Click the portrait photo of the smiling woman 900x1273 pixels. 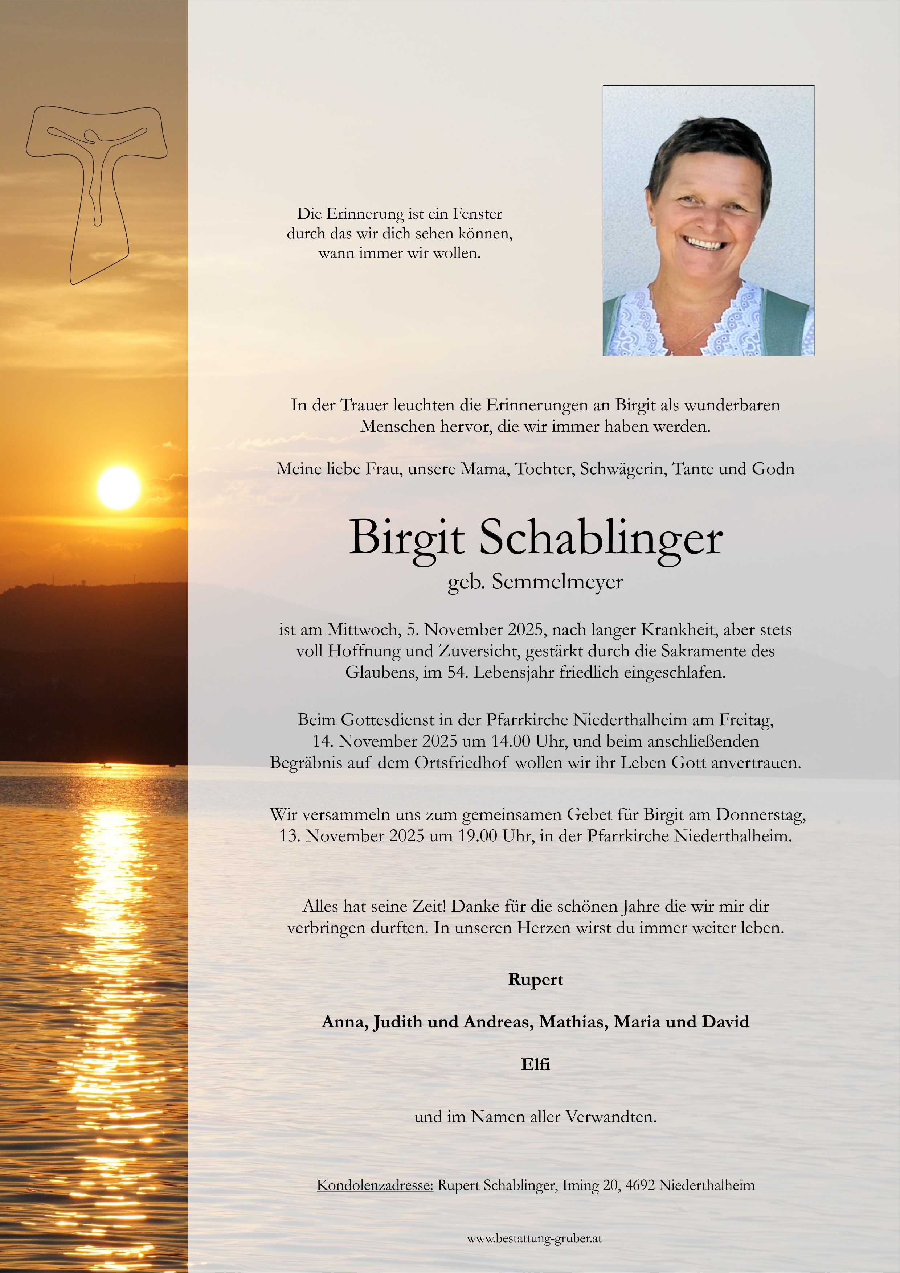coord(708,220)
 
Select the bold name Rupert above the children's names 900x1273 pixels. coord(535,980)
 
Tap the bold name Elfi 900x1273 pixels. coord(535,1064)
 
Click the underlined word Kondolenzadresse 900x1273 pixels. coord(375,1186)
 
